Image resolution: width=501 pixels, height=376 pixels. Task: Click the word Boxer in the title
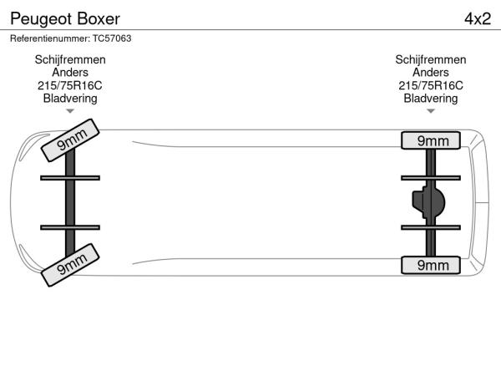pyautogui.click(x=99, y=19)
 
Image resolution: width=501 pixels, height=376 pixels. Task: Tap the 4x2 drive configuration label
pyautogui.click(x=478, y=19)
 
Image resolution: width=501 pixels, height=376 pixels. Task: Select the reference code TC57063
pyautogui.click(x=112, y=38)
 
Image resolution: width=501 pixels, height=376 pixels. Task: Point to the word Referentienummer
pyautogui.click(x=50, y=38)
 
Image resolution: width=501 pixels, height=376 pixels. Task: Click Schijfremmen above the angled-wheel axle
pyautogui.click(x=70, y=60)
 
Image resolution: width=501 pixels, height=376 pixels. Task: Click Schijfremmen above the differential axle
pyautogui.click(x=431, y=60)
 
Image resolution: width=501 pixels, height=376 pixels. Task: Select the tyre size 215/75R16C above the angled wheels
pyautogui.click(x=70, y=85)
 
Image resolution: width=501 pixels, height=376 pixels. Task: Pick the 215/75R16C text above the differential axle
pyautogui.click(x=431, y=85)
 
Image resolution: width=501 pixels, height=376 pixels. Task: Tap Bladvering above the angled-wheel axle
pyautogui.click(x=70, y=99)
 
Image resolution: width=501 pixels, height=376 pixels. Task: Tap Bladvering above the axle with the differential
pyautogui.click(x=431, y=99)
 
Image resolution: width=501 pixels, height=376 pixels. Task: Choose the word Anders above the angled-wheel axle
pyautogui.click(x=70, y=72)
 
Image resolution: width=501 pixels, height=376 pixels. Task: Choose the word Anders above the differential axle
pyautogui.click(x=431, y=72)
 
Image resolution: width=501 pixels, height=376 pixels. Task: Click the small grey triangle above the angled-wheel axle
pyautogui.click(x=70, y=111)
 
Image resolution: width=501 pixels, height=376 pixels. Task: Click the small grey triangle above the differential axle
pyautogui.click(x=431, y=111)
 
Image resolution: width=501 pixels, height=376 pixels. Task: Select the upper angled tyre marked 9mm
pyautogui.click(x=70, y=140)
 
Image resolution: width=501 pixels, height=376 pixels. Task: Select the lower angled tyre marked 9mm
pyautogui.click(x=70, y=265)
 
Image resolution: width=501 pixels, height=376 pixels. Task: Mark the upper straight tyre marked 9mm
pyautogui.click(x=431, y=140)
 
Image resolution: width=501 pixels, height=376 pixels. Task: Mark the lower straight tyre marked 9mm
pyautogui.click(x=431, y=265)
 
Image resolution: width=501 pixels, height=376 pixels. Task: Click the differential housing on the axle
pyautogui.click(x=428, y=202)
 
